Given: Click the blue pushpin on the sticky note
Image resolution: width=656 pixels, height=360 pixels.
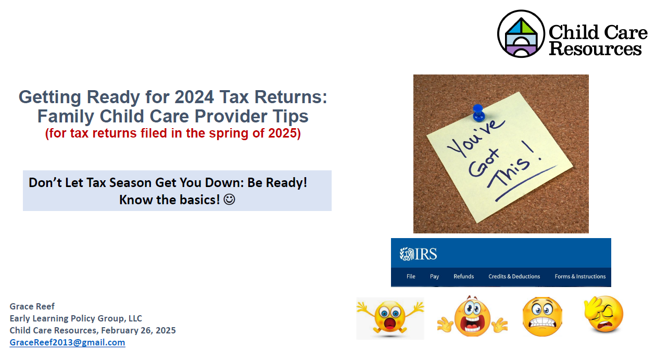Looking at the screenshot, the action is (478, 113).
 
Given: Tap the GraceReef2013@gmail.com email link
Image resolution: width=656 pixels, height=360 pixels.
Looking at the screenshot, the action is (67, 342).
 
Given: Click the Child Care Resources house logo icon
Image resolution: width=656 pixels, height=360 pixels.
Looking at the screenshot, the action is (521, 34).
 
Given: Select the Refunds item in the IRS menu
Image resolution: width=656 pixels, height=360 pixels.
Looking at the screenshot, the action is (463, 277).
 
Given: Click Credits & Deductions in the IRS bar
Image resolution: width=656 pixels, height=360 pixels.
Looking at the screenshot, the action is (514, 277).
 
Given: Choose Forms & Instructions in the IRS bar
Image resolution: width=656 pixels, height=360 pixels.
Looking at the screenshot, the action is (580, 277).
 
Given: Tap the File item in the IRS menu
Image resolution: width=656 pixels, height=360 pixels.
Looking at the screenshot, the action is (411, 277).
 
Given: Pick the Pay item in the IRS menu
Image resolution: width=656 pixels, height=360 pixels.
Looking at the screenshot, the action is (434, 277).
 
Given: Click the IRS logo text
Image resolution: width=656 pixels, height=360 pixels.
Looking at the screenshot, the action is (419, 254).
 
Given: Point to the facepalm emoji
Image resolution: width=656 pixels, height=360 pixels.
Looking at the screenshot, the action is (604, 314).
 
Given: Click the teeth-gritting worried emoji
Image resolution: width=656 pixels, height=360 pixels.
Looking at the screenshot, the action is (543, 317).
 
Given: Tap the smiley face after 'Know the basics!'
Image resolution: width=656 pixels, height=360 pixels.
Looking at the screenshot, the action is (229, 200).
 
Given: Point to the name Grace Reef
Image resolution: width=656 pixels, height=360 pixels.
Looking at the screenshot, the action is (32, 306).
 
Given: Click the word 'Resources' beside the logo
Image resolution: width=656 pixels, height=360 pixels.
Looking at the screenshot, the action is (595, 48).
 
